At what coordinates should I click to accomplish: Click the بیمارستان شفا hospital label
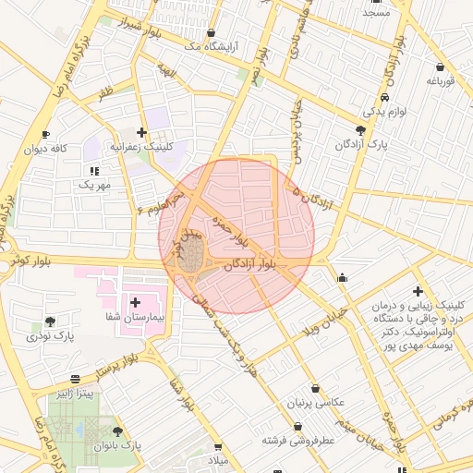(x=136, y=317)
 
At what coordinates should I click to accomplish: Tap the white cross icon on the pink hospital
(x=136, y=302)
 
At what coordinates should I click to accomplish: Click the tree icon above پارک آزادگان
(x=360, y=130)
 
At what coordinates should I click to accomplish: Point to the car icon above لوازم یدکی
(x=383, y=97)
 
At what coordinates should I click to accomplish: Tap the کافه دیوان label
(x=48, y=148)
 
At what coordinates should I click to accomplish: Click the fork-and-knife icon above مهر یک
(x=93, y=171)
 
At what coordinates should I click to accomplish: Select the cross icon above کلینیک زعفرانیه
(x=140, y=133)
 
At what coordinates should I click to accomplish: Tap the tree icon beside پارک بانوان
(x=117, y=431)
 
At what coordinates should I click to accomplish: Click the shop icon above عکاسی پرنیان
(x=317, y=389)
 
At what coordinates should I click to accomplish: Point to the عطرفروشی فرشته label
(x=298, y=441)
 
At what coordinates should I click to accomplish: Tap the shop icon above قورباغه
(x=439, y=67)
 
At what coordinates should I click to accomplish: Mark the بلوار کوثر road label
(x=28, y=261)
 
